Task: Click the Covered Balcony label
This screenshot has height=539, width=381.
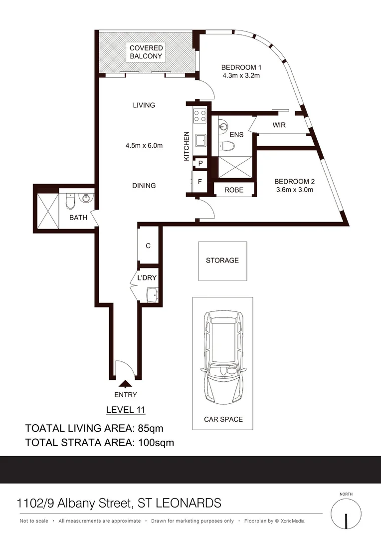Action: coord(146,52)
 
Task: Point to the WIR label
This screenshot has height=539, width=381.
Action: coord(279,125)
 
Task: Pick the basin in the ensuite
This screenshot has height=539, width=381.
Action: coord(223,126)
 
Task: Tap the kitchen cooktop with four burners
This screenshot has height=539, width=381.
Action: coord(200,116)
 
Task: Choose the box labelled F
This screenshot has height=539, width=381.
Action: coord(200,182)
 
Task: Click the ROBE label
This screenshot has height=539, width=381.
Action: coord(233,190)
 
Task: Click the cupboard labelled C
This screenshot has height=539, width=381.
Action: coord(148,246)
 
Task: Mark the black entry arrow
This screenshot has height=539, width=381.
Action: coord(126,383)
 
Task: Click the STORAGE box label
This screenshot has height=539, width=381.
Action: coord(222,261)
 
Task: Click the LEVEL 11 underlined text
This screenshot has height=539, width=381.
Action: coord(126,410)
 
